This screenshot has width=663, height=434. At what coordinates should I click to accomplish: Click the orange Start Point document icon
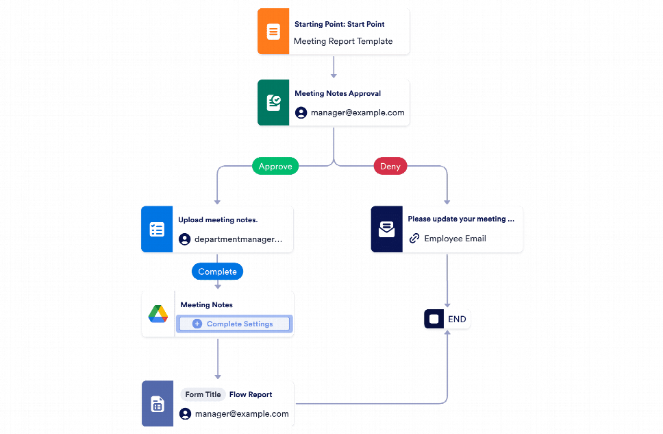click(273, 32)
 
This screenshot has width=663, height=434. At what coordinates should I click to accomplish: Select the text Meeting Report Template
click(343, 41)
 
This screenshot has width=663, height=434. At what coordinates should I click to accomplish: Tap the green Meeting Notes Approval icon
click(273, 103)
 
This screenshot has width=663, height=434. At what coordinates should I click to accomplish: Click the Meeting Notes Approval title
click(338, 93)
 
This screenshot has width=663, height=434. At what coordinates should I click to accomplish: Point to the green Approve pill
click(275, 166)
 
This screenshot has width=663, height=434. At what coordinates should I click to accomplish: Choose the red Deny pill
click(390, 166)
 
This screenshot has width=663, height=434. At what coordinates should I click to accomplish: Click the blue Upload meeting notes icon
click(157, 230)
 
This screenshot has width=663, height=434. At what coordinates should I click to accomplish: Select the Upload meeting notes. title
click(218, 220)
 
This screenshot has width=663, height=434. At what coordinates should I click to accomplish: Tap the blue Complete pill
click(217, 272)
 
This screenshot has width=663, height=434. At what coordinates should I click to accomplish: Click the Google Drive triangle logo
click(158, 314)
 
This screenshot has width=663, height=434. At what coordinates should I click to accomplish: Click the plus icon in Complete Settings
click(197, 324)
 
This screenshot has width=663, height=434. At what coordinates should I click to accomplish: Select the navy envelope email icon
click(387, 230)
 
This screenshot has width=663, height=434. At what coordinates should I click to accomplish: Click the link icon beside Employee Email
click(414, 239)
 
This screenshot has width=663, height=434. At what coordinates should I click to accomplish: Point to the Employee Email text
click(455, 239)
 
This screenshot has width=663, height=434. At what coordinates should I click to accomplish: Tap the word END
click(457, 320)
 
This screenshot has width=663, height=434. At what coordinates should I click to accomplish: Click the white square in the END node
click(434, 320)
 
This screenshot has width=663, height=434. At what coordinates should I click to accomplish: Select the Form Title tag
click(203, 394)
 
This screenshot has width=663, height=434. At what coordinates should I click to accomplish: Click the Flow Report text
click(251, 394)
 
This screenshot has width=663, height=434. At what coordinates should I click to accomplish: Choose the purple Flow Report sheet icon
click(158, 404)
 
